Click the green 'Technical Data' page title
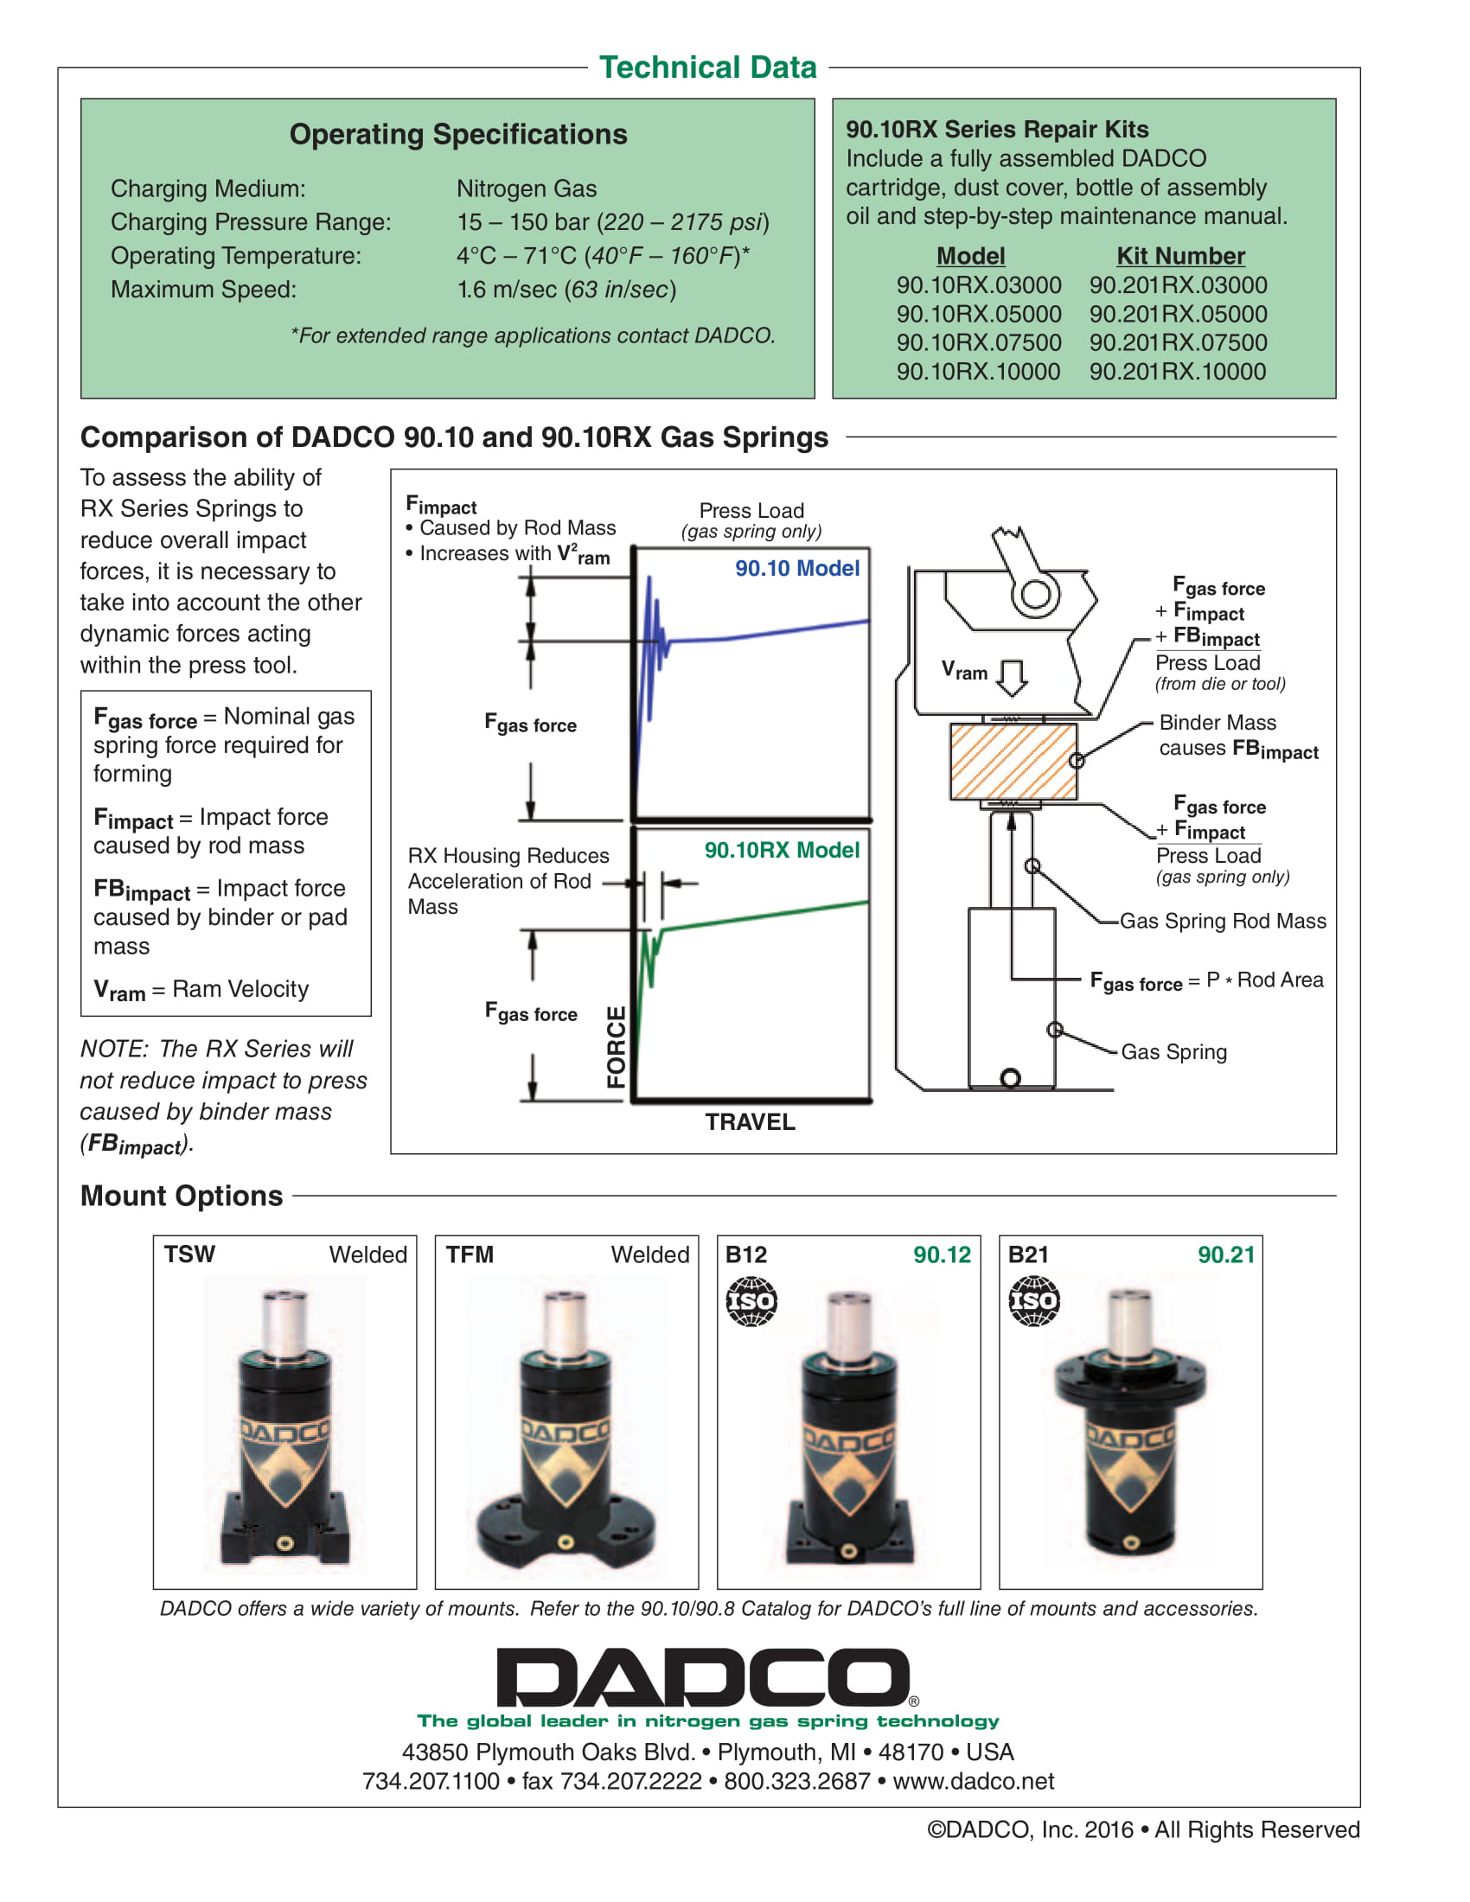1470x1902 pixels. click(707, 67)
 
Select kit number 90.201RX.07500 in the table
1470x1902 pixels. click(1178, 342)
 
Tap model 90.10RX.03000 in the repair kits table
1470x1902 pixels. click(979, 284)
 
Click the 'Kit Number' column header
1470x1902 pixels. click(1181, 256)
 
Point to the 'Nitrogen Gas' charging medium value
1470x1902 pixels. click(527, 189)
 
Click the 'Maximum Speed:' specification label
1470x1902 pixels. click(204, 289)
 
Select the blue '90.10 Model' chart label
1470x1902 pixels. click(797, 568)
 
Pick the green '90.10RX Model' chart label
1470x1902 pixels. click(782, 850)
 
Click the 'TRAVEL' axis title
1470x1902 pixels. click(750, 1121)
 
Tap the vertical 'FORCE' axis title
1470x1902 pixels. click(617, 1047)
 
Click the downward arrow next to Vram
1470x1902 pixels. click(1012, 677)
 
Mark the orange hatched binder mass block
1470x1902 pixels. click(1013, 761)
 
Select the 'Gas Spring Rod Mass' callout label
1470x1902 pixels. click(1223, 921)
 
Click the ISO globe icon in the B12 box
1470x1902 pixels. click(751, 1301)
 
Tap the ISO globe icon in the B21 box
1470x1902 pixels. click(1033, 1301)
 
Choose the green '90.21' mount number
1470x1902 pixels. click(1226, 1254)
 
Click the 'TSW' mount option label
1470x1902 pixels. click(190, 1254)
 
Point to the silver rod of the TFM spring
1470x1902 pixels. click(566, 1324)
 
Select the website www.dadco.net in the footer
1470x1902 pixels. click(973, 1781)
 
